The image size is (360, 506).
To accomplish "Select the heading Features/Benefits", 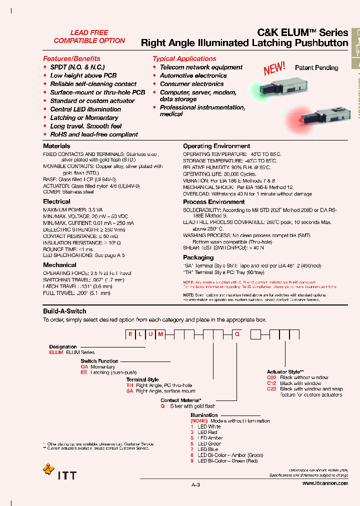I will (x=71, y=58).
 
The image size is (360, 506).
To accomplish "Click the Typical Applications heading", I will (x=184, y=58).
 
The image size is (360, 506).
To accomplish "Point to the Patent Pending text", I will (x=316, y=67).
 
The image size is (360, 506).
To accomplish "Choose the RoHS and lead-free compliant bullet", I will (x=94, y=134).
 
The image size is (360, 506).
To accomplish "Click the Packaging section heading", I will (x=198, y=257).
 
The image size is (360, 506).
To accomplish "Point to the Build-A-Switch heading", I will (x=64, y=311).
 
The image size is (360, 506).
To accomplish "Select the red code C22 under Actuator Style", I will (x=271, y=389).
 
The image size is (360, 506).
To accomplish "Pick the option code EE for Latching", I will (x=84, y=372).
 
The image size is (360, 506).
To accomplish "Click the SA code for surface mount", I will (x=129, y=391).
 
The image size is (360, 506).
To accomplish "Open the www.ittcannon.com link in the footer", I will (x=325, y=483).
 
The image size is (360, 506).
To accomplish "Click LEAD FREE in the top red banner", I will (x=89, y=32).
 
